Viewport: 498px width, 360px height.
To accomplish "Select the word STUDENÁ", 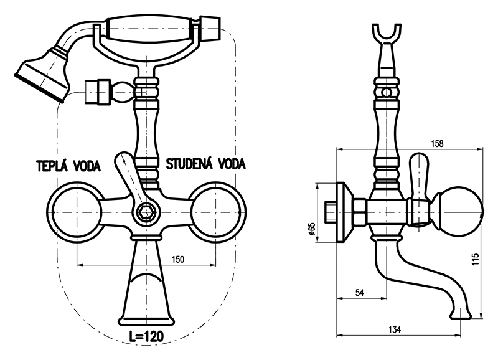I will coord(190,164).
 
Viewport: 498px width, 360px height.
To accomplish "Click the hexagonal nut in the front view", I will coord(147,212).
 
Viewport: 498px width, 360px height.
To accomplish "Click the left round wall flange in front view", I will coord(75,212).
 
